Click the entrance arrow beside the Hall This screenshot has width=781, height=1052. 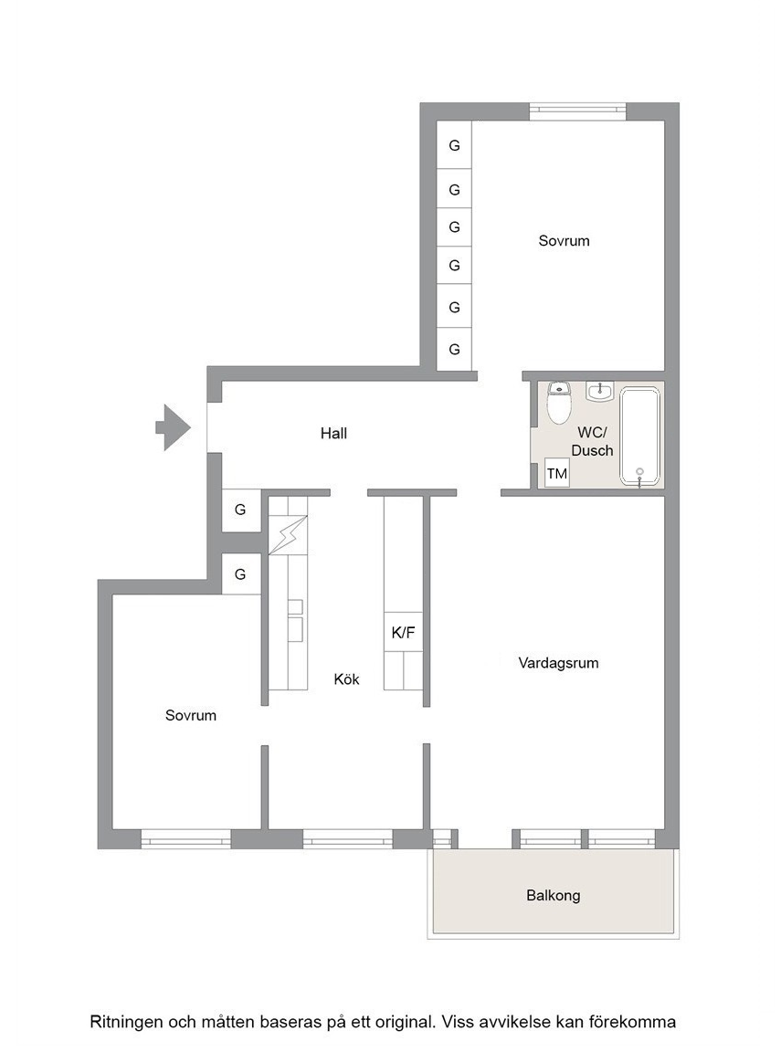coord(174,426)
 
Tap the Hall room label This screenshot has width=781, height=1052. coord(333,434)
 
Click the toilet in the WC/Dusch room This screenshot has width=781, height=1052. coord(558,403)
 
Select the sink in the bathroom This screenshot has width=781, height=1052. coord(599,391)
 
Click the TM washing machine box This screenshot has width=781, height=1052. coord(557,474)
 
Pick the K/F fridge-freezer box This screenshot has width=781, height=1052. coord(403,632)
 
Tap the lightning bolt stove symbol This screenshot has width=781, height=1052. coord(288,535)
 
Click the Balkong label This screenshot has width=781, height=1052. coord(553,895)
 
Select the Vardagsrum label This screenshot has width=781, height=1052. coord(558,663)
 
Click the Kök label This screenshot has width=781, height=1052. coord(347,679)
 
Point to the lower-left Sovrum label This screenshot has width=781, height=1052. coord(191,715)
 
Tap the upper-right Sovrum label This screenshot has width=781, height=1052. coord(564,241)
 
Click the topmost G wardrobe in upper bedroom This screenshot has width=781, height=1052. coord(454,145)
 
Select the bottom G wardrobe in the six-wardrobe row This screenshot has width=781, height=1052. coord(454,350)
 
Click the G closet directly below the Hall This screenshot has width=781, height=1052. coord(240,510)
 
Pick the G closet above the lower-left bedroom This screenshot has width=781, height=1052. coord(240,574)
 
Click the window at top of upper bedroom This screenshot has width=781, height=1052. coord(577,110)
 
